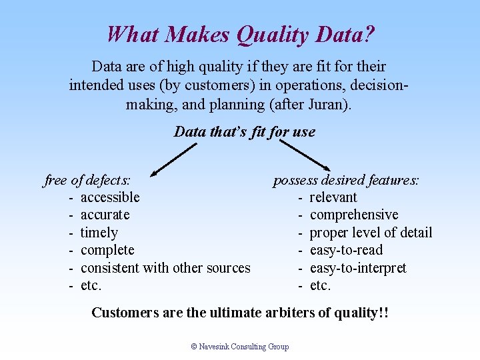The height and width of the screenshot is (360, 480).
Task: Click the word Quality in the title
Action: point(270,33)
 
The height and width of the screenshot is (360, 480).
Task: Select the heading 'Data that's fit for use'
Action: point(244,131)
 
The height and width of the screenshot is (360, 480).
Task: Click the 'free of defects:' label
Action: point(87,179)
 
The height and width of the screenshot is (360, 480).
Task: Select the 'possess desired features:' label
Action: point(345,179)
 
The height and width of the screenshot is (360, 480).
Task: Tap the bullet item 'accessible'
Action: point(110,197)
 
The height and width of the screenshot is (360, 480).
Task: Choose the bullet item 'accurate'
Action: point(105,215)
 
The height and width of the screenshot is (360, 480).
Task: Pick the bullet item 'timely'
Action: point(99,233)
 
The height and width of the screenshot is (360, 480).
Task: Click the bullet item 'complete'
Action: point(107,250)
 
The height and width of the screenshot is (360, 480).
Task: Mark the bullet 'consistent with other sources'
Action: point(165,268)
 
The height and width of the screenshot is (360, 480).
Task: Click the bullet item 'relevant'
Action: point(333,197)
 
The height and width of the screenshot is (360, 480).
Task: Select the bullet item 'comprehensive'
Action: point(354,215)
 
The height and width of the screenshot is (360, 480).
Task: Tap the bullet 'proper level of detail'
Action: point(371,233)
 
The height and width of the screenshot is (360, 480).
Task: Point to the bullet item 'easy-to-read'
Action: point(346,250)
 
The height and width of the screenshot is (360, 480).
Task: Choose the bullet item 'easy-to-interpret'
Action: point(358,268)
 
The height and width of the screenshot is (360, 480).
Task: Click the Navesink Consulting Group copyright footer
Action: point(240,347)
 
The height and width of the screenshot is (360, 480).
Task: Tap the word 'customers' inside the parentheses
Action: point(181,86)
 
